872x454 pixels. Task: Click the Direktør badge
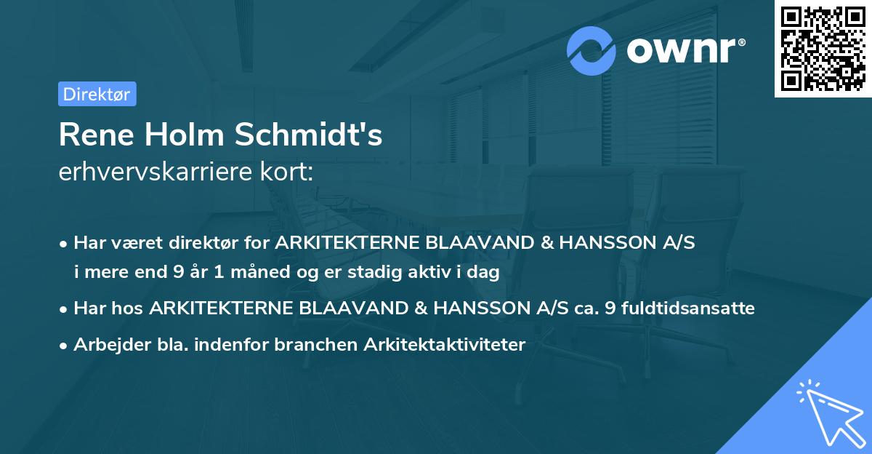coord(97,94)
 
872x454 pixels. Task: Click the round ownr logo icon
coord(592,51)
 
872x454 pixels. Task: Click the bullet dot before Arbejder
coord(65,346)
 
